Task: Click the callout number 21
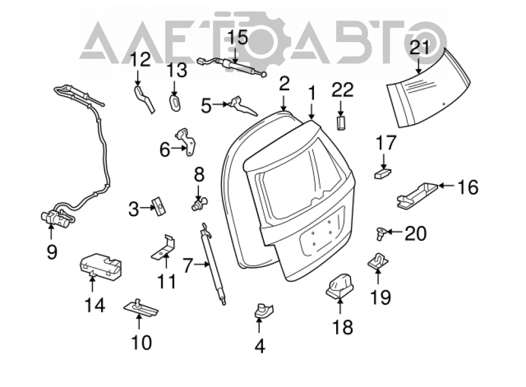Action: point(419,48)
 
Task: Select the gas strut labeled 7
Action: point(214,264)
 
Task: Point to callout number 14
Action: point(95,305)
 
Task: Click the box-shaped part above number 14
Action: point(100,266)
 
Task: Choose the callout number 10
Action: point(141,342)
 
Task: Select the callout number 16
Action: point(468,187)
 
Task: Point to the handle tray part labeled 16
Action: point(417,196)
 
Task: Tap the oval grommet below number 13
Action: point(175,102)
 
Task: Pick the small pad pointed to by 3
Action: point(159,206)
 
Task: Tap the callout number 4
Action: point(260,346)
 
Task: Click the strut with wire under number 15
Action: point(232,67)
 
